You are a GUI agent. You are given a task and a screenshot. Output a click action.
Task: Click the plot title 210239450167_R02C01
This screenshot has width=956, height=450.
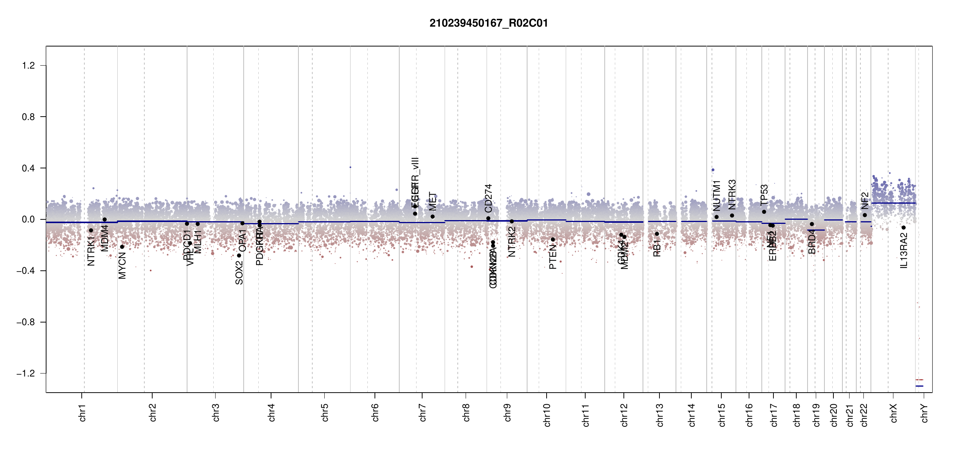(488, 23)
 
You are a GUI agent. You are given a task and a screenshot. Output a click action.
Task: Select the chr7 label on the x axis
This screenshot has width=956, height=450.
(423, 412)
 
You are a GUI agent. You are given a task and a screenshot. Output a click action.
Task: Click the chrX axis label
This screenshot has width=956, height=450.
(893, 413)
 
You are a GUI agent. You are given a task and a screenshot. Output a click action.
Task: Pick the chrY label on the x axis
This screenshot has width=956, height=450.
(924, 413)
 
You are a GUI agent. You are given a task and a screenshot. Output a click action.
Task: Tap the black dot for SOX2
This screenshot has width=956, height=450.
(239, 256)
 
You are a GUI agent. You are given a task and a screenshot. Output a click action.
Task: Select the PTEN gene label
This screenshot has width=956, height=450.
(553, 257)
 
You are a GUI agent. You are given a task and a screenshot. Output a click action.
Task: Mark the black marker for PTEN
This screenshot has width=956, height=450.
(553, 240)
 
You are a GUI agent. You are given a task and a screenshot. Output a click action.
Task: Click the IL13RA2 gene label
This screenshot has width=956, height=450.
(904, 250)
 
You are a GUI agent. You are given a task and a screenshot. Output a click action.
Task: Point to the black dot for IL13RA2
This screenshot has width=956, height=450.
(904, 228)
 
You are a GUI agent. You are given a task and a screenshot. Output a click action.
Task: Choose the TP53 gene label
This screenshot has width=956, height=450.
(764, 195)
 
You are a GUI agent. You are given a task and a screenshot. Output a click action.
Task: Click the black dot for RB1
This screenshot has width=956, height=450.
(657, 234)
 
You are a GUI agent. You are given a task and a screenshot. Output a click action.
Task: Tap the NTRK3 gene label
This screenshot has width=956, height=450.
(732, 194)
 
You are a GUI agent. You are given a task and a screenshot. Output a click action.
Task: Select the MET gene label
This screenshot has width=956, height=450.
(433, 201)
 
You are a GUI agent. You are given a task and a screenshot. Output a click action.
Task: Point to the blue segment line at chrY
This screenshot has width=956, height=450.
(919, 386)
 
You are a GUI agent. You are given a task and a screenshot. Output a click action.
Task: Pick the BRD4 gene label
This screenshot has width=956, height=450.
(812, 242)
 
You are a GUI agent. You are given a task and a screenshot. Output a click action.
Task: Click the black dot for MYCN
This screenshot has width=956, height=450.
(122, 247)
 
